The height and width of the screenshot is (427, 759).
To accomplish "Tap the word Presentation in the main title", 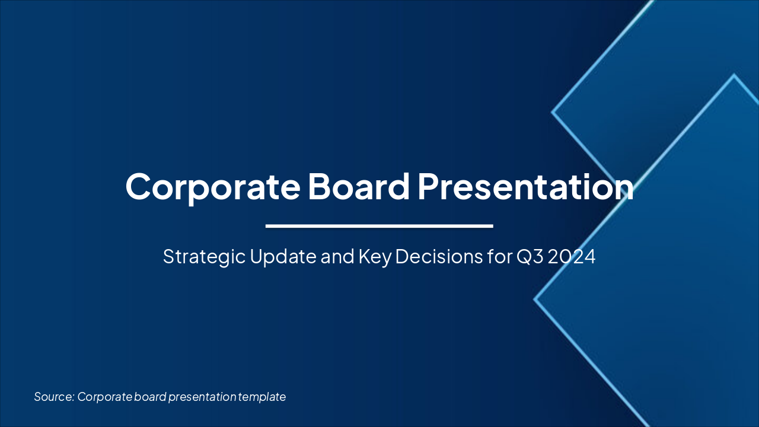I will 525,186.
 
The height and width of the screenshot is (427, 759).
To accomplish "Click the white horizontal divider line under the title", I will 379,226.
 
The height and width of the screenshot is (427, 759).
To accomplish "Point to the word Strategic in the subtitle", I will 199,257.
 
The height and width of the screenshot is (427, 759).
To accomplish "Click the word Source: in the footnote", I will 53,397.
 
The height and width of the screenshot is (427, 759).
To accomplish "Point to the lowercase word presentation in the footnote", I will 202,397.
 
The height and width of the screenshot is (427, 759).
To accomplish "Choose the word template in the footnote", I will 262,397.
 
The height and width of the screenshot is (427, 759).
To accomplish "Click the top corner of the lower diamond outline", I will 734,75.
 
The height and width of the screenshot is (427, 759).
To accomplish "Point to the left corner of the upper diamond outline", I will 553,111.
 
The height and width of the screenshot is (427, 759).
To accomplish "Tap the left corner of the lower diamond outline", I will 535,299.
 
